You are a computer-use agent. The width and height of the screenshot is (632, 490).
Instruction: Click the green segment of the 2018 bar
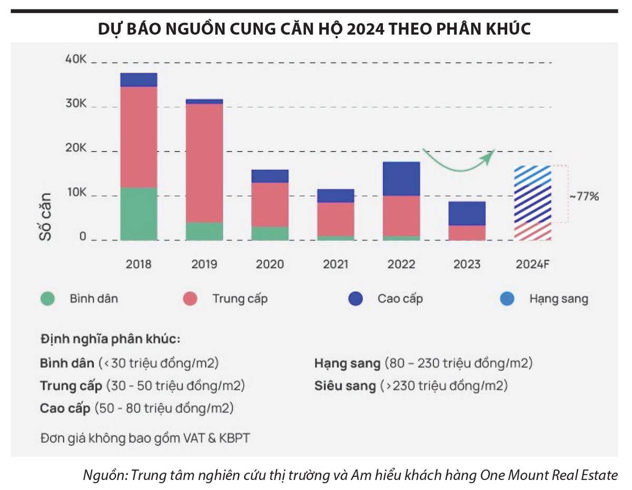(139, 214)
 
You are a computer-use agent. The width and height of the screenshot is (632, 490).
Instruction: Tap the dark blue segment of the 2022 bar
(401, 178)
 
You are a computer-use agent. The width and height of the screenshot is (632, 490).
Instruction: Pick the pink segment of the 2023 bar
(467, 233)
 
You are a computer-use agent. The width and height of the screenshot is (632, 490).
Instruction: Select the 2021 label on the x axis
(335, 264)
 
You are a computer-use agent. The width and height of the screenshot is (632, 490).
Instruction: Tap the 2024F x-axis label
(533, 264)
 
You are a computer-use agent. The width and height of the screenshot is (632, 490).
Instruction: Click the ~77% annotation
(584, 196)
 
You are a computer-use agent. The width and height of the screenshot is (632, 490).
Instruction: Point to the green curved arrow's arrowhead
(491, 153)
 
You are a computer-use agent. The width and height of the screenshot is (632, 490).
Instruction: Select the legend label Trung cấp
(240, 299)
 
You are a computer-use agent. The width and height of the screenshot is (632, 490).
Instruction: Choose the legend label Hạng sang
(558, 299)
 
